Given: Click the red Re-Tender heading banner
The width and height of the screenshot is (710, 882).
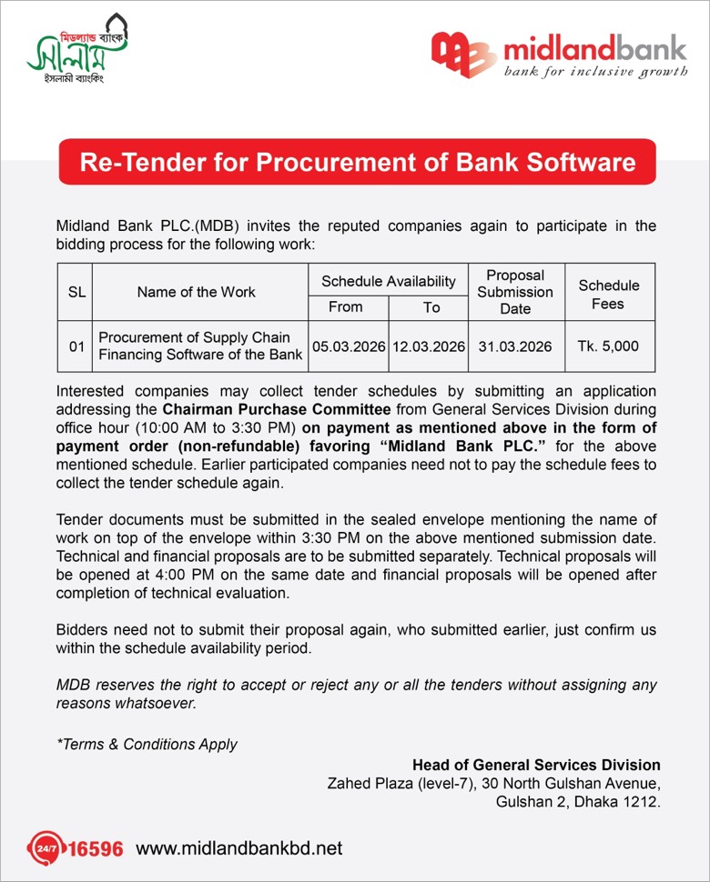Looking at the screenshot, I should coord(358,163).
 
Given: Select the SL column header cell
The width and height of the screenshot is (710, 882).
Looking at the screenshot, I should coord(76,292).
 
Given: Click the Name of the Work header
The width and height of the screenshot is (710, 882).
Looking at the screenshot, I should coord(197,292).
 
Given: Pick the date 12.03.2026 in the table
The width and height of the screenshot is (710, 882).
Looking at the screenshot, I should coord(430,346).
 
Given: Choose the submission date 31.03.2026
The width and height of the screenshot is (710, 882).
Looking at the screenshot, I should coord(515,346).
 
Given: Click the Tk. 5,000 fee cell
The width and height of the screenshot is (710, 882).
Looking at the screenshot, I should coord(608,346).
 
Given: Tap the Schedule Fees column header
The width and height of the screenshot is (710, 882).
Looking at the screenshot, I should coord(609,294).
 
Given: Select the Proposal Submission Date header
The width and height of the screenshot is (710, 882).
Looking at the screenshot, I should coord(515,292).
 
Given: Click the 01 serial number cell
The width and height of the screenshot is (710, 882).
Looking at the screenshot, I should coord(76,346).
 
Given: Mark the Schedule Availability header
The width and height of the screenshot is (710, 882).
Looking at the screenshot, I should coord(389,282).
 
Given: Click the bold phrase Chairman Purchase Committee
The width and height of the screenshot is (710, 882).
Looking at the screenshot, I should coord(277,410).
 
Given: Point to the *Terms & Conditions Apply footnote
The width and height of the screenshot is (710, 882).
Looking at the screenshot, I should coord(147,744).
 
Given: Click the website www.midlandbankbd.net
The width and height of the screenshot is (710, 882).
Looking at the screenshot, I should coord(239,848).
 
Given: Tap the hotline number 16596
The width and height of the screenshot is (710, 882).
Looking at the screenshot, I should coord(96,849).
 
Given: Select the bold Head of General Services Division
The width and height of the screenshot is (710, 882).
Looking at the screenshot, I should coord(536,765).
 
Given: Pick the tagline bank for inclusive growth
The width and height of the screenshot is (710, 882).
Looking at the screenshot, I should coord(596,71).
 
